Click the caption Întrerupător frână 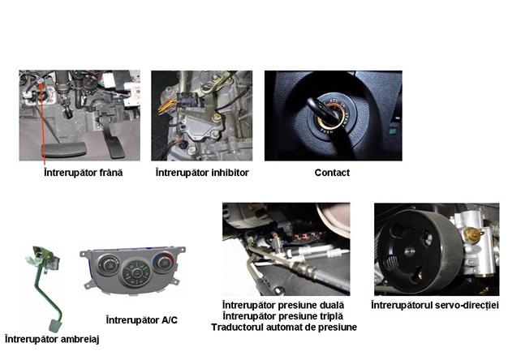pos(83,173)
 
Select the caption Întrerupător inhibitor pos(202,173)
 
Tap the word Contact pos(332,173)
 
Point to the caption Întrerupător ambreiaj pos(52,340)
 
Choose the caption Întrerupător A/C pos(141,320)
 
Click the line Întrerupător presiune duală pos(283,305)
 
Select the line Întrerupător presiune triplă pos(282,316)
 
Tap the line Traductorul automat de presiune pos(284,327)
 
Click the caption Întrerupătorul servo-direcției pos(435,305)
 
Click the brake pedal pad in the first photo pos(63,150)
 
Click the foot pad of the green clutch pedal pos(54,325)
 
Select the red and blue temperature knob pos(163,263)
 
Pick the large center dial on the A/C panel pos(136,273)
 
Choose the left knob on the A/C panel pos(108,264)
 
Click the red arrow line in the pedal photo pos(42,125)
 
